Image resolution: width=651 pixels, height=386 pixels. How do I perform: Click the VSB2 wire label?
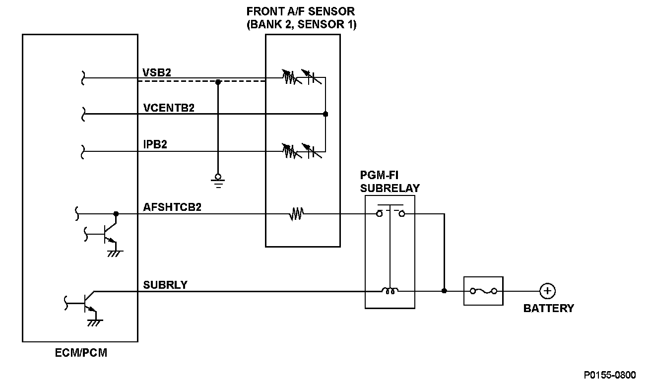click(157, 72)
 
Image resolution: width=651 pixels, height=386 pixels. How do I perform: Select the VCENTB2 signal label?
click(168, 108)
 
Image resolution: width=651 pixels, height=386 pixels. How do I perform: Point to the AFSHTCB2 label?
click(172, 207)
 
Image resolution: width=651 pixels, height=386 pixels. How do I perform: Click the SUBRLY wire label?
click(165, 285)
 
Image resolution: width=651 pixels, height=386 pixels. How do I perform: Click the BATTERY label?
click(548, 308)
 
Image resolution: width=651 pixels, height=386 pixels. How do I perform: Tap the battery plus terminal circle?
click(547, 291)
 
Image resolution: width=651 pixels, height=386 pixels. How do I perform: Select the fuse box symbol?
click(483, 291)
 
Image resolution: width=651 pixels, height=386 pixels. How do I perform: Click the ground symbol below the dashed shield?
click(217, 179)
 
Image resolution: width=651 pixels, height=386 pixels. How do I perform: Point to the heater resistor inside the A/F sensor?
click(297, 214)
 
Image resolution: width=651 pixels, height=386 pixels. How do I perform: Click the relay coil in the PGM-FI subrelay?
click(390, 291)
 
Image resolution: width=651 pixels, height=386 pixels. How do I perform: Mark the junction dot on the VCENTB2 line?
click(325, 114)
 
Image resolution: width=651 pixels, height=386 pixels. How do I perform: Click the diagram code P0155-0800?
click(609, 375)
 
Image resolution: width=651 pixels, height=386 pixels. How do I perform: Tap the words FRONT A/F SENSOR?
click(301, 11)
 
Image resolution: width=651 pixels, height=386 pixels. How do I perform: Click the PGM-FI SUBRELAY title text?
click(390, 182)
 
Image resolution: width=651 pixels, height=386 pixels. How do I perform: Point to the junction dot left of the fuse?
click(444, 291)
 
